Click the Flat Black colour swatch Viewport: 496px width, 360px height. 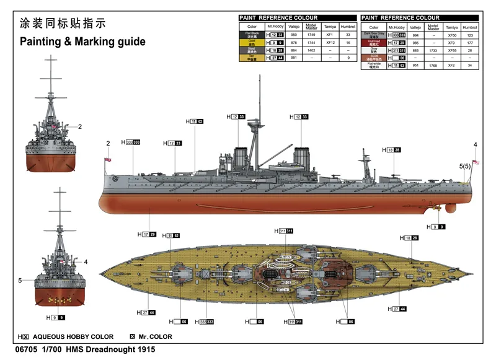click(x=252, y=35)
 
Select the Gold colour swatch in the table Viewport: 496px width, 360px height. click(x=252, y=43)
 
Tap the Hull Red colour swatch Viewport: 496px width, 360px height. click(x=374, y=43)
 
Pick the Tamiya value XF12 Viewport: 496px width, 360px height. click(x=329, y=43)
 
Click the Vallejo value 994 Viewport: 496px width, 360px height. click(x=415, y=35)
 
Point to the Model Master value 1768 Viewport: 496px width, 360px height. click(x=433, y=64)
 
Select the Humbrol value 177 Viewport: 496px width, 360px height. click(x=470, y=43)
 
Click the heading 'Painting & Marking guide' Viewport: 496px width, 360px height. click(x=82, y=42)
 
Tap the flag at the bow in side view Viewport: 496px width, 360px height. click(x=109, y=160)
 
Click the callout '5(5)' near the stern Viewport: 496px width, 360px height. click(x=465, y=166)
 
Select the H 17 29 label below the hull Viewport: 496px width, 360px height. click(x=146, y=234)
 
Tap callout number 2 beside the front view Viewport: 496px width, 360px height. click(x=80, y=127)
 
